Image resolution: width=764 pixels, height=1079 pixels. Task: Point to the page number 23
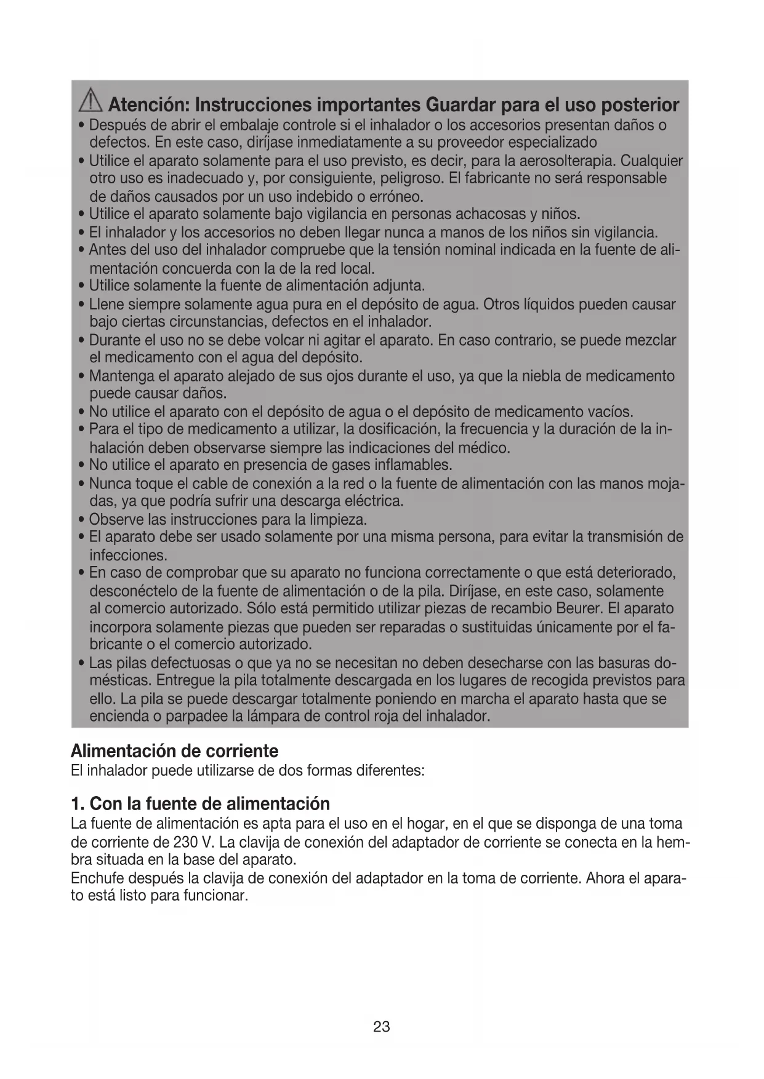click(382, 1027)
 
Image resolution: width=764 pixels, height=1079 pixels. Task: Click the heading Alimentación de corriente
click(174, 751)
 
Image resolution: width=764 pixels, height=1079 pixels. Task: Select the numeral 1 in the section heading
click(76, 804)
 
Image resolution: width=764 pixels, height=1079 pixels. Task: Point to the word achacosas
click(489, 215)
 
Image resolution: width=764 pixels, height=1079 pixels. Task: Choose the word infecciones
click(128, 555)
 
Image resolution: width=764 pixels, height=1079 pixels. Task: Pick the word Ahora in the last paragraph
click(605, 878)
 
